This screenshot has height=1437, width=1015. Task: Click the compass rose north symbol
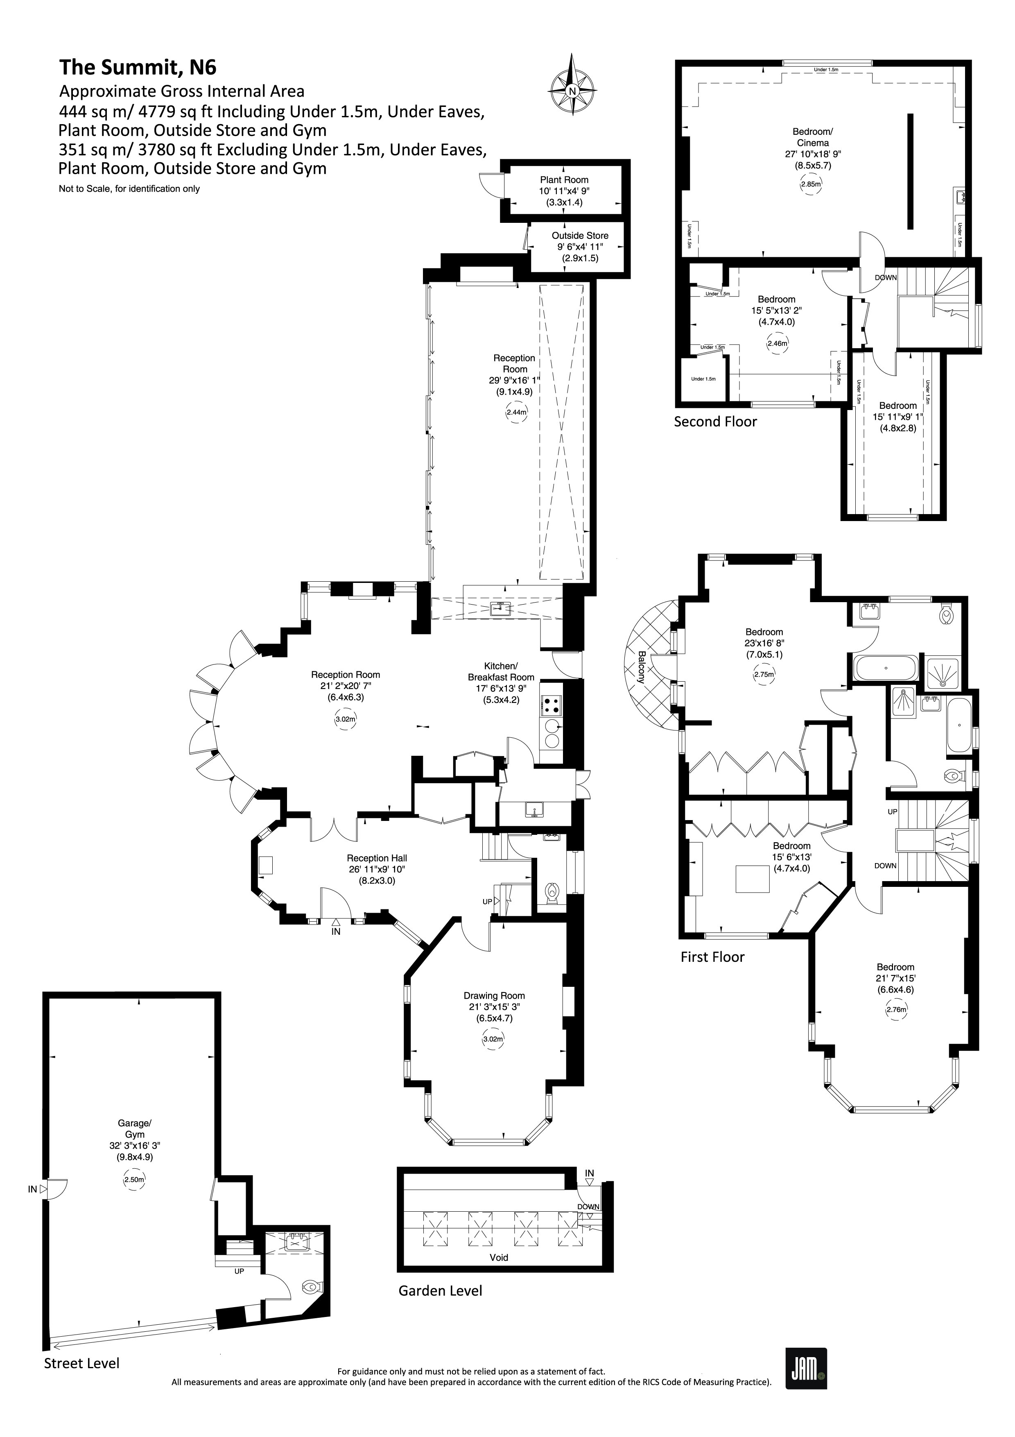coord(572,91)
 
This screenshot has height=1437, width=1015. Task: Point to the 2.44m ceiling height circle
coord(516,413)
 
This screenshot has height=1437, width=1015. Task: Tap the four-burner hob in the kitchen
coord(551,705)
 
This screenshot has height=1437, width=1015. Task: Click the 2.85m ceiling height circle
coord(811,185)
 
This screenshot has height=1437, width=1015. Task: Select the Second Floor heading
coord(715,422)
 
